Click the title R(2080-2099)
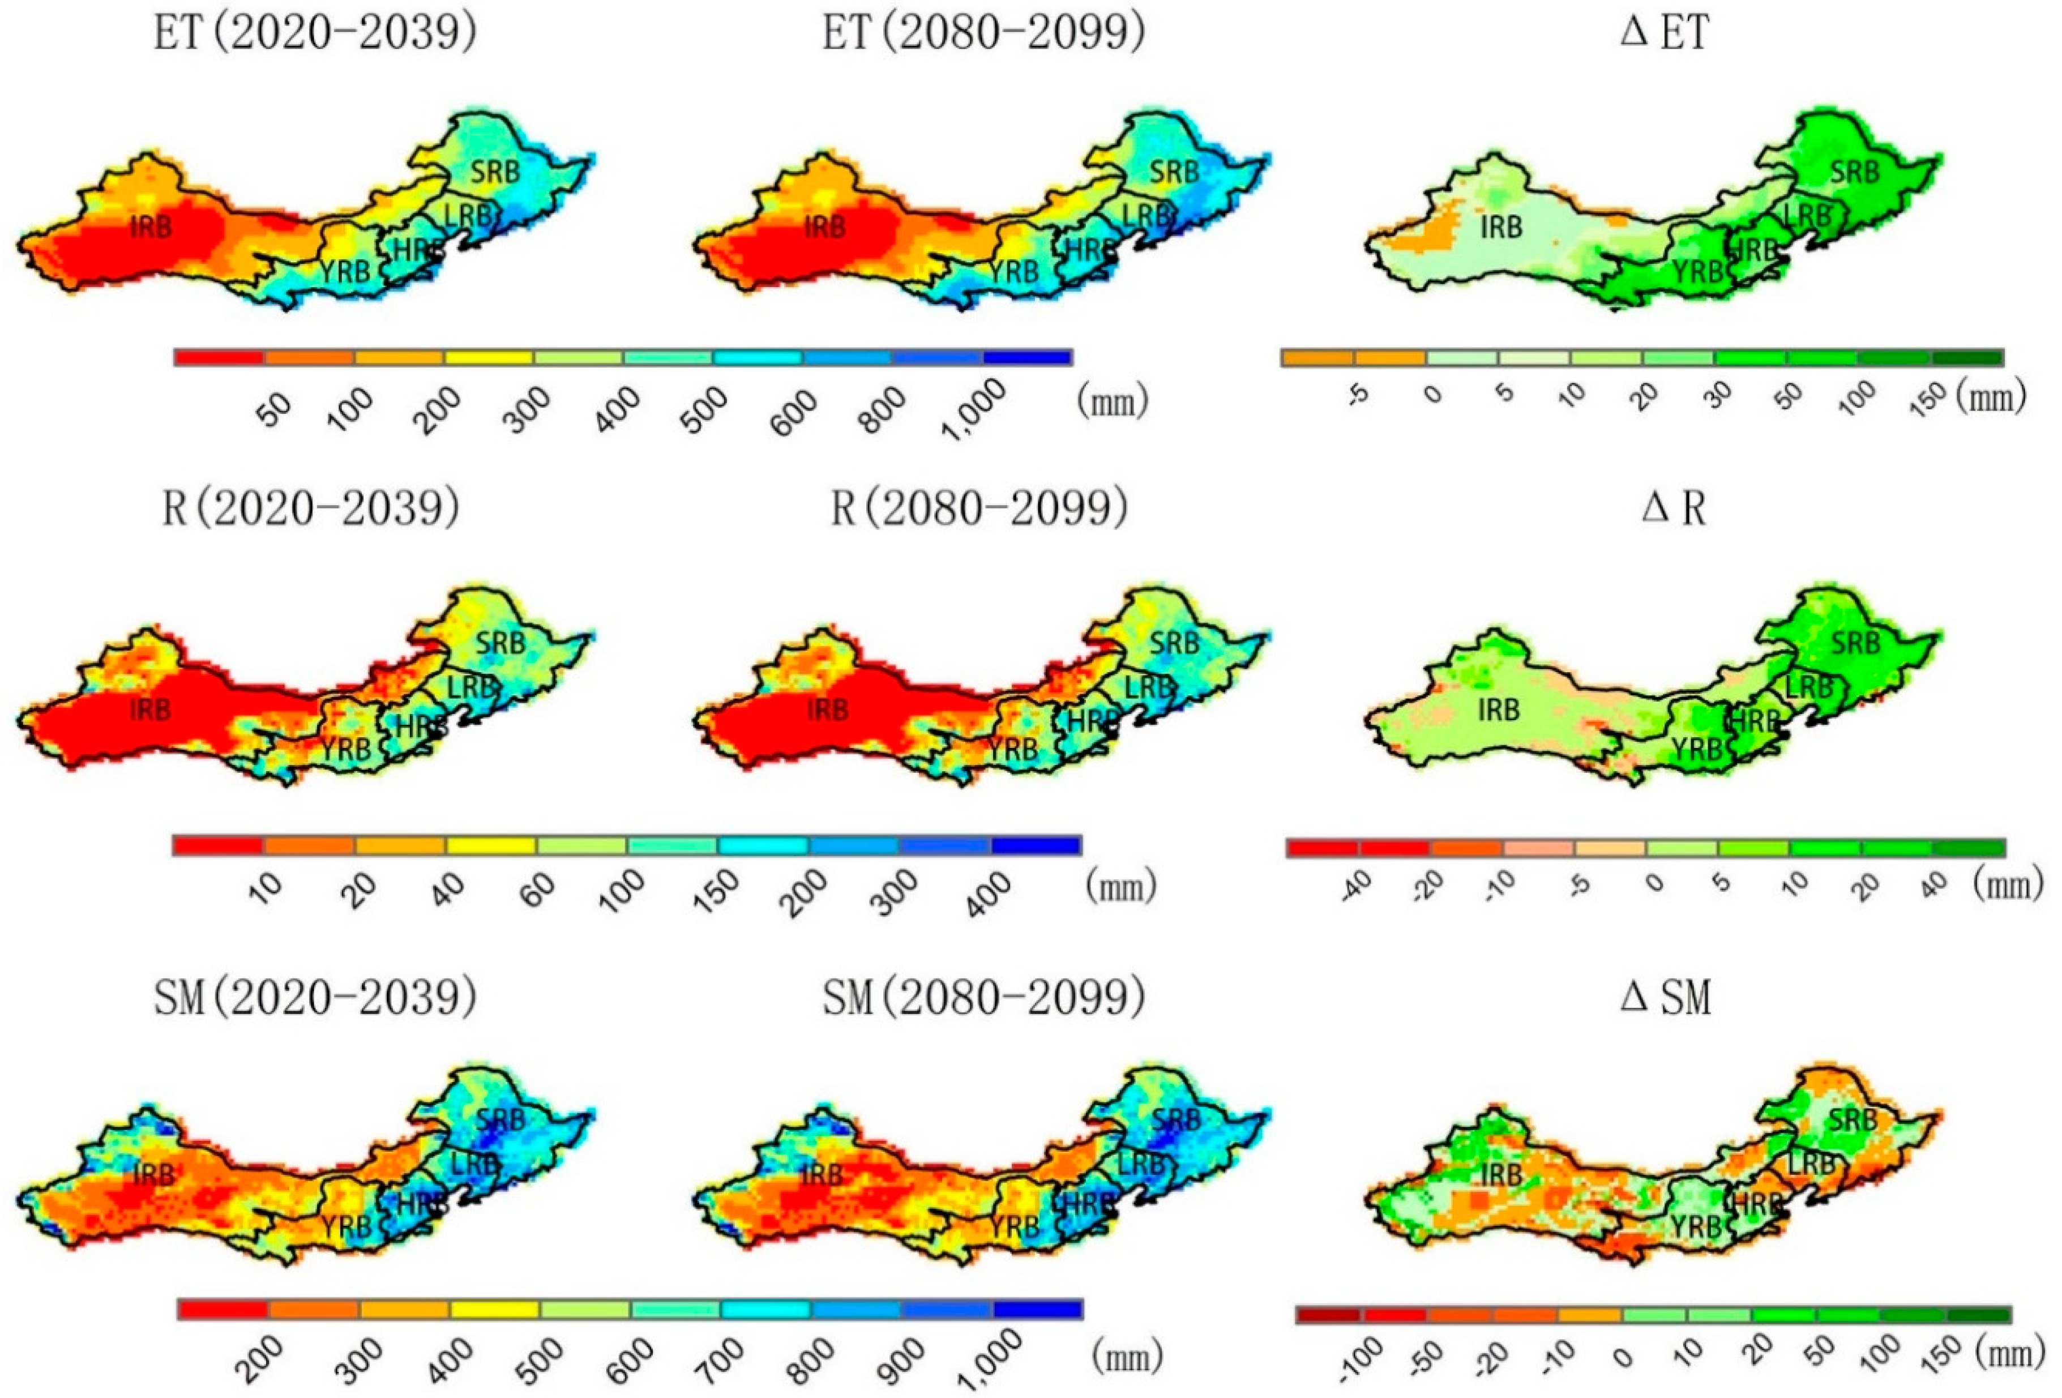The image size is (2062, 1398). point(979,508)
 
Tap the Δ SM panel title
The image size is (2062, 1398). point(1665,998)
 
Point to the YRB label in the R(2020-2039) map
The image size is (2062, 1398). point(345,751)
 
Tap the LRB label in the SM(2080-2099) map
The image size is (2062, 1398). point(1140,1163)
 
